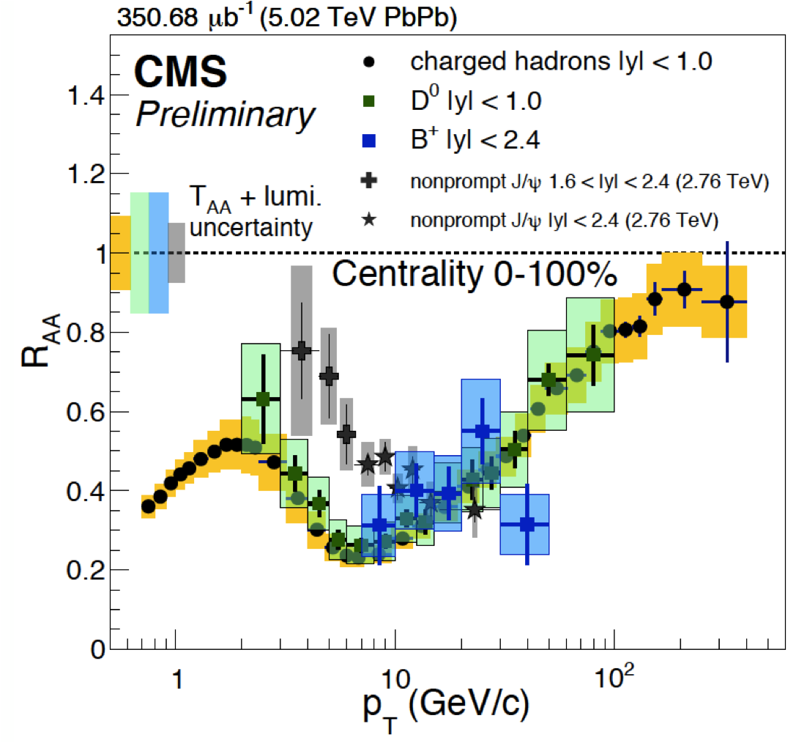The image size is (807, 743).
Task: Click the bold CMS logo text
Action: [180, 73]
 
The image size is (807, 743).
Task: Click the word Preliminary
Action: [226, 114]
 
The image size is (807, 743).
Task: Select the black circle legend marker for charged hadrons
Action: [369, 62]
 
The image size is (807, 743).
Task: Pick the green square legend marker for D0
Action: [369, 101]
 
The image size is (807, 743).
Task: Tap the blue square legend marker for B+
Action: [369, 140]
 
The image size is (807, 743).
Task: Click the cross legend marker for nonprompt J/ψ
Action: [369, 180]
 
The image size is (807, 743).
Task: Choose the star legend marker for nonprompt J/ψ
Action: [369, 218]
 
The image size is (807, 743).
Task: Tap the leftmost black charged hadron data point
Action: [148, 506]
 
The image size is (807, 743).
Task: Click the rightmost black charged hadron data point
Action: [726, 301]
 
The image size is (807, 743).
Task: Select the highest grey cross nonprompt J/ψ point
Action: [300, 351]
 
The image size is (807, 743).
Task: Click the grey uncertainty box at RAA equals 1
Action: [176, 253]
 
